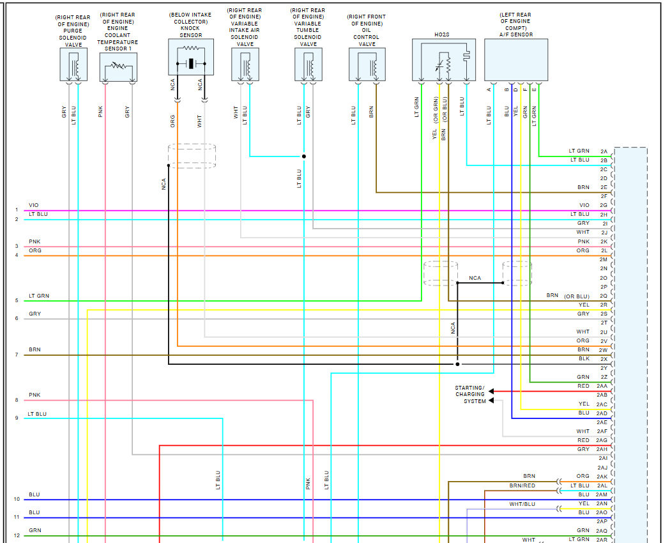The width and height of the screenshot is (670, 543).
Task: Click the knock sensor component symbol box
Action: coord(190,57)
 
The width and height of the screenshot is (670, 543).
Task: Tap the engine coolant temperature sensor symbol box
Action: coord(118,66)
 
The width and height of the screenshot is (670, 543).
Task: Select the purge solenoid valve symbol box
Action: coord(73,65)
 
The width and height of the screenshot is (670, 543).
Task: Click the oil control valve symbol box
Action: coord(367,65)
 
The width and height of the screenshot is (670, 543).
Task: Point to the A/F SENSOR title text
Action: coord(516,34)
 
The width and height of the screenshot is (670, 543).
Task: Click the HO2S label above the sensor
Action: coord(441,34)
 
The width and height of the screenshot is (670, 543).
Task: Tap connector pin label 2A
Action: coord(604,151)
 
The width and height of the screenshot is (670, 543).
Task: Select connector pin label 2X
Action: coord(604,359)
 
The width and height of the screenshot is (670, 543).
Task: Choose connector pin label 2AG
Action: coord(602,440)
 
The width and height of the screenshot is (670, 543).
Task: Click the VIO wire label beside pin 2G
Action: coord(584,205)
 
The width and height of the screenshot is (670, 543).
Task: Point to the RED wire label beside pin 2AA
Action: coord(583,386)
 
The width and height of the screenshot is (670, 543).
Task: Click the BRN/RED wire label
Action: coord(522,486)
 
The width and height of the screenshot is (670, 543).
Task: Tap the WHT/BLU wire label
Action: coord(522,504)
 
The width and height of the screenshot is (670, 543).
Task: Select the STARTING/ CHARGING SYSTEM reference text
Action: coord(470,394)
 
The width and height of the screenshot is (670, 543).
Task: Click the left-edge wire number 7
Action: coord(17,355)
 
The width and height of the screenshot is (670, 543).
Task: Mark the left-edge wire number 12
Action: coord(17,535)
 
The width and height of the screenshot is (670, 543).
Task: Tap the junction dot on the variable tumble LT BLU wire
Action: coord(304,156)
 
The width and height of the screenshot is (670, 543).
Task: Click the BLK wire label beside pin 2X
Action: coord(583,359)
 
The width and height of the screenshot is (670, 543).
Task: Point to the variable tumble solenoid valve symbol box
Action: coord(308,65)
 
